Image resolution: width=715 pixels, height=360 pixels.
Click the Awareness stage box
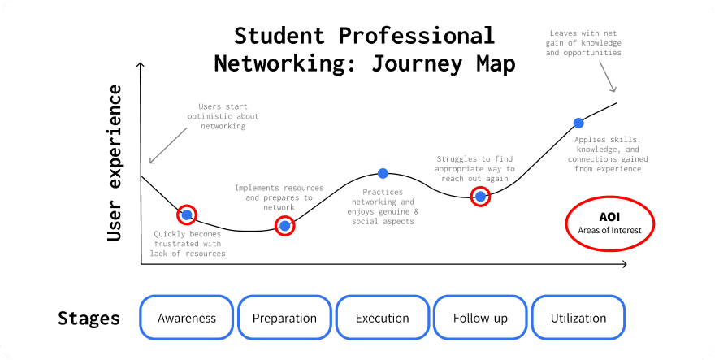[187, 318]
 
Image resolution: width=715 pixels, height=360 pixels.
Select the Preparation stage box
[284, 318]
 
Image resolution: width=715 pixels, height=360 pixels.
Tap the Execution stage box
[383, 318]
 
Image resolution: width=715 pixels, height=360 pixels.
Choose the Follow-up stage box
[480, 318]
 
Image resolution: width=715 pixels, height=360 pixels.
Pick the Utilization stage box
[578, 318]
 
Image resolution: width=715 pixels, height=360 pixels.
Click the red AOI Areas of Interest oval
[609, 223]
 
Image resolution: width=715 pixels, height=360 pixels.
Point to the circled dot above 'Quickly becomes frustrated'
[187, 215]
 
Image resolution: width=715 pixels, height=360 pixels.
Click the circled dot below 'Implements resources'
[284, 226]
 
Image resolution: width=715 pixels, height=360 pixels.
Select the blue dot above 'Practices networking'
[383, 173]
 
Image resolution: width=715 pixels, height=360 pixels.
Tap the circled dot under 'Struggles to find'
[480, 196]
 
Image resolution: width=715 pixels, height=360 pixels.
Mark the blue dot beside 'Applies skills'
[578, 123]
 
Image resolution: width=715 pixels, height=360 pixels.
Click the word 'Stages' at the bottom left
[89, 318]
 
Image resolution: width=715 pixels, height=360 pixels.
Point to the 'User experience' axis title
[115, 163]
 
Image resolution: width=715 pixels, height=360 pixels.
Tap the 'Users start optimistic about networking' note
[223, 116]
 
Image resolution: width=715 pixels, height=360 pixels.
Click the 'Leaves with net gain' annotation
[583, 43]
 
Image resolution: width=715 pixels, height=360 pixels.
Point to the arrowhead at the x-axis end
[623, 264]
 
